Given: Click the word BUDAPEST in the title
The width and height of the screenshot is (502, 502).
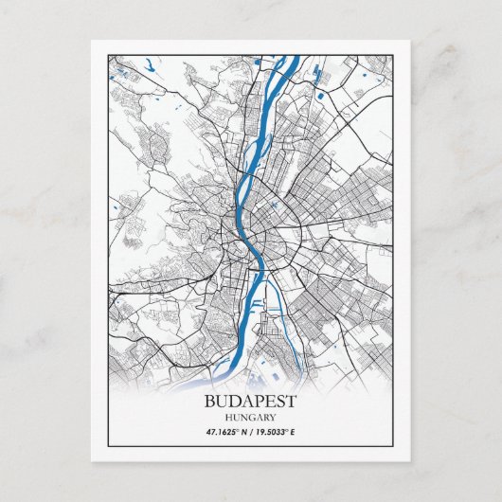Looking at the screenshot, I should (x=250, y=401).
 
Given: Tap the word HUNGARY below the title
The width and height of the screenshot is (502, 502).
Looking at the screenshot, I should (x=250, y=417).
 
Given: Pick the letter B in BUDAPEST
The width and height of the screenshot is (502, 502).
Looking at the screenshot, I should (x=209, y=401).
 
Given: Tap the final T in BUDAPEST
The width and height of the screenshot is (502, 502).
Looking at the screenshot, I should (x=291, y=401).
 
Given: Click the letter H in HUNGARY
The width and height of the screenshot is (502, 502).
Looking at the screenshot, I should (x=229, y=417).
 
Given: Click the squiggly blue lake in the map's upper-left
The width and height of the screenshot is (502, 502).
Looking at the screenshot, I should (x=150, y=68).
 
